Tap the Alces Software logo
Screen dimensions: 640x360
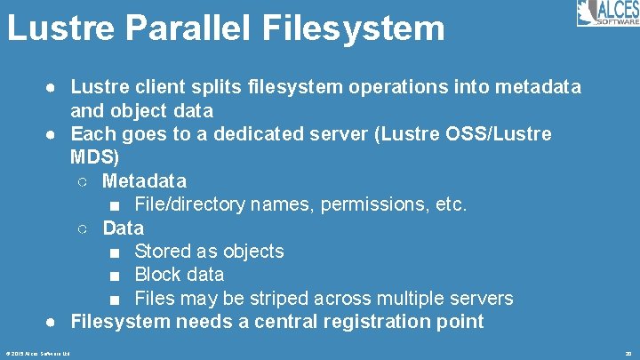606,13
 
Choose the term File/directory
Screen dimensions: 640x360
190,204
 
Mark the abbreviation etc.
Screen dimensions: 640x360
449,204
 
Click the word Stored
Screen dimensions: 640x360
164,252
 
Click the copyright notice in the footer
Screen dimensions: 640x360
36,353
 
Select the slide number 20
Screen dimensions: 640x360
628,353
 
